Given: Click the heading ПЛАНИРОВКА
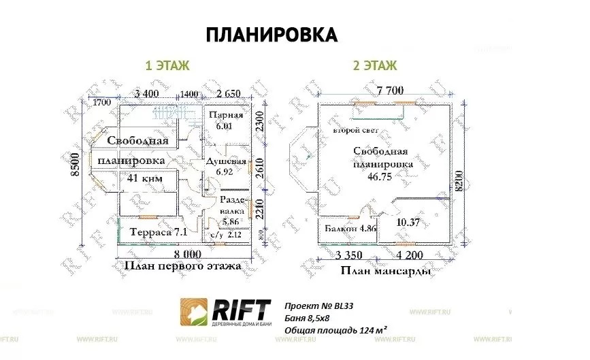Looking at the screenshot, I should (272, 35).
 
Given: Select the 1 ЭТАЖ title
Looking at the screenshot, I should (167, 66).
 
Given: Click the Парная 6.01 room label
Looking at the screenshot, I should (226, 120).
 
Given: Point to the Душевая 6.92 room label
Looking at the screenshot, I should (227, 167).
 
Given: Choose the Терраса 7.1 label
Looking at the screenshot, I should (159, 232).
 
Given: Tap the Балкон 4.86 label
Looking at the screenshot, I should (348, 228).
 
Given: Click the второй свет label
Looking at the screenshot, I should (356, 130).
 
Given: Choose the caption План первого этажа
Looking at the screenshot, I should (182, 266).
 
